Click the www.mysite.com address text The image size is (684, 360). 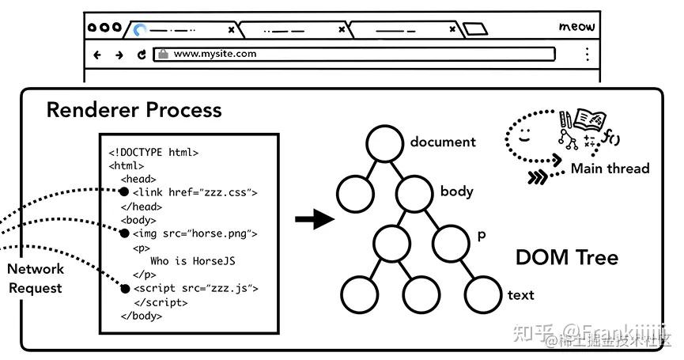click(214, 54)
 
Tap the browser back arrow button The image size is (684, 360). click(97, 55)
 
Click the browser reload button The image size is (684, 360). click(142, 55)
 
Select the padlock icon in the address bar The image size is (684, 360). click(163, 54)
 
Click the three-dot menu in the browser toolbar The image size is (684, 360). click(587, 54)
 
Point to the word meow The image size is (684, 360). click(576, 27)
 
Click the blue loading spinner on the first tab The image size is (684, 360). click(141, 30)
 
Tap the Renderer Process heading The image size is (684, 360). click(134, 109)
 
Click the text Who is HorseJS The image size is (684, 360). click(192, 260)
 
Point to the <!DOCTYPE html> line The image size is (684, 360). click(153, 152)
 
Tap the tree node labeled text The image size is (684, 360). click(483, 294)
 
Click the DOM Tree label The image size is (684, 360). click(566, 257)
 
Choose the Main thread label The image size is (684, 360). click(610, 168)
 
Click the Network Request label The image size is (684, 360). click(36, 278)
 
